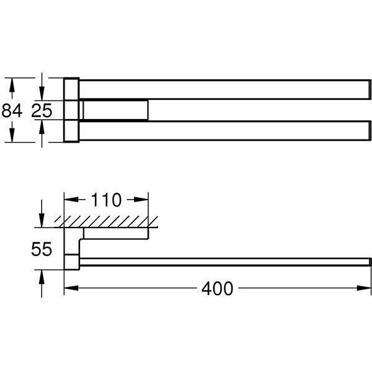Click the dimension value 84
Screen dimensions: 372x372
click(x=12, y=111)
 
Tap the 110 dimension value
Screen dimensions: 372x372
click(x=107, y=200)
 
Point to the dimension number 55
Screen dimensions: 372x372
click(x=41, y=249)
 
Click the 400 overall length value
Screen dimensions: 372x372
click(x=218, y=288)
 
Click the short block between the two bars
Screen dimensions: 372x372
click(x=115, y=110)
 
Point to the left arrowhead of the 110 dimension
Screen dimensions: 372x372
click(x=69, y=200)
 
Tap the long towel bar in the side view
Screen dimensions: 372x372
click(x=223, y=262)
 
